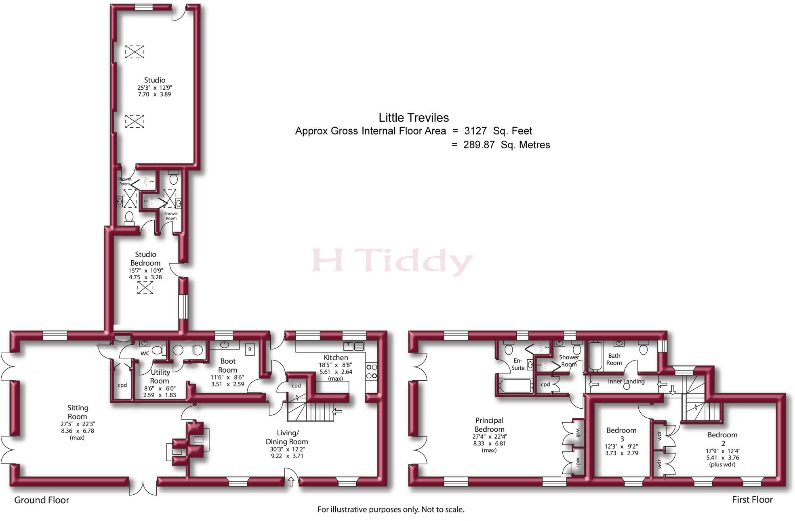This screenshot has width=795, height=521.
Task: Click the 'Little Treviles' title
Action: [x=414, y=118]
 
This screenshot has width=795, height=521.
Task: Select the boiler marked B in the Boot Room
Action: [x=250, y=349]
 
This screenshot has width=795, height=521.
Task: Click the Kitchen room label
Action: [x=335, y=358]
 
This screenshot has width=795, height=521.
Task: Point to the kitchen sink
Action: [x=353, y=346]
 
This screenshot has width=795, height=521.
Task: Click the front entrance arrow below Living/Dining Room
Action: [x=291, y=481]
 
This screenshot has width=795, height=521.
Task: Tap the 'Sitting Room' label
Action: [x=78, y=412]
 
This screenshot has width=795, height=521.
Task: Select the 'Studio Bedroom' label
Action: [x=145, y=259]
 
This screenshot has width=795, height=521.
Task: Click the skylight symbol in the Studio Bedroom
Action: [x=145, y=287]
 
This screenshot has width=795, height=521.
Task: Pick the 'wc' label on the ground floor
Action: [x=145, y=353]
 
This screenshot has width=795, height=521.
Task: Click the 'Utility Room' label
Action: [x=160, y=376]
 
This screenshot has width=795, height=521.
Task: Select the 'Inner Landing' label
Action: [x=626, y=381]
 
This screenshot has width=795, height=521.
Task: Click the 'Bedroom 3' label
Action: [x=621, y=435]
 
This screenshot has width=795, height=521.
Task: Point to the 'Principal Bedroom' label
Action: [x=489, y=425]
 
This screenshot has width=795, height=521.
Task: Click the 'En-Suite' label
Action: [x=518, y=364]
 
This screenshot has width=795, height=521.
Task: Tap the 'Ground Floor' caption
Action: [x=42, y=500]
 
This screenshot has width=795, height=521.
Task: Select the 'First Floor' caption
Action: [x=752, y=500]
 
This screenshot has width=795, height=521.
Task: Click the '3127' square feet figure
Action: [x=475, y=131]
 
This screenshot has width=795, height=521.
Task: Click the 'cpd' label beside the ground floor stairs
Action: [x=296, y=386]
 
